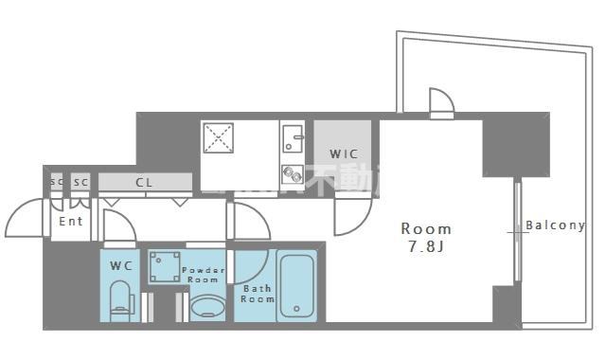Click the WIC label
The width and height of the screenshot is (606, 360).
pyautogui.click(x=343, y=153)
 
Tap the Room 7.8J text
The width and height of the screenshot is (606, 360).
pyautogui.click(x=426, y=237)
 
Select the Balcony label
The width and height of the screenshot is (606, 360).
pyautogui.click(x=555, y=225)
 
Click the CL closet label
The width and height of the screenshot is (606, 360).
pyautogui.click(x=144, y=182)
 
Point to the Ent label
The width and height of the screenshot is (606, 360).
pyautogui.click(x=71, y=222)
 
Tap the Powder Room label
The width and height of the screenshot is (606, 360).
pyautogui.click(x=204, y=275)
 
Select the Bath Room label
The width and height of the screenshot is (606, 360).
pyautogui.click(x=257, y=294)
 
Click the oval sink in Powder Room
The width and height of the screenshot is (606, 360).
pyautogui.click(x=207, y=308)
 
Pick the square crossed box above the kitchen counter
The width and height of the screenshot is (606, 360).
pyautogui.click(x=219, y=138)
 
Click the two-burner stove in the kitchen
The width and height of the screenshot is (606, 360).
pyautogui.click(x=292, y=173)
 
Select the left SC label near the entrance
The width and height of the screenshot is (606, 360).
pyautogui.click(x=57, y=182)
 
